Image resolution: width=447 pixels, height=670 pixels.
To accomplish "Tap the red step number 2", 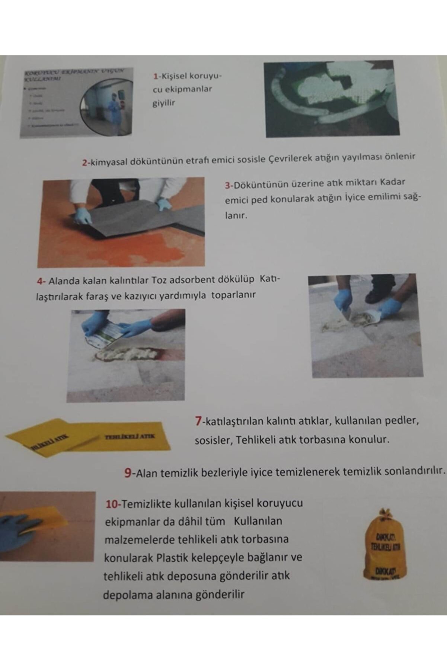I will coord(84,163).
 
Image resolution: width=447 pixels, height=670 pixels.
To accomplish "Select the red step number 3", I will coord(227,185).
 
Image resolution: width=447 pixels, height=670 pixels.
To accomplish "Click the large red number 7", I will coord(198,421).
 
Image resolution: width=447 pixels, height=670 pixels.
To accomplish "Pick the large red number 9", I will coord(128,473).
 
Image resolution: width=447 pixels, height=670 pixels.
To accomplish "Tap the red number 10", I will coord(112,504).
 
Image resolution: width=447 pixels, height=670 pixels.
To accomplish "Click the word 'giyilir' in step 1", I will coord(163,103).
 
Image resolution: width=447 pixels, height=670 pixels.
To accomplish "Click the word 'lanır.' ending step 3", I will coord(236,216).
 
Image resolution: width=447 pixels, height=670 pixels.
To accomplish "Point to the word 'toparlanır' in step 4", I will coord(233,295).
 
